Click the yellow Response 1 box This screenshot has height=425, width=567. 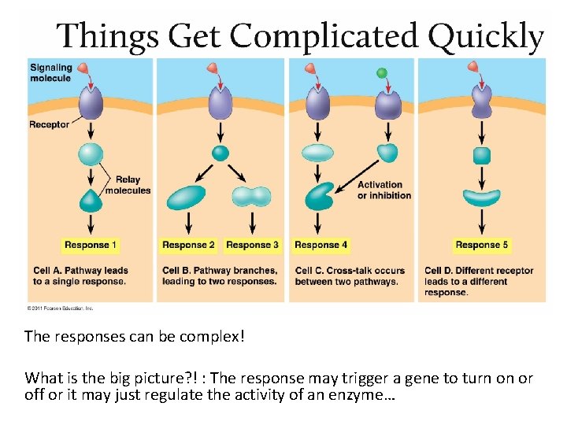tap(91, 245)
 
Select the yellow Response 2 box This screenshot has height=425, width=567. tap(188, 245)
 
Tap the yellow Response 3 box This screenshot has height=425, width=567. tap(252, 245)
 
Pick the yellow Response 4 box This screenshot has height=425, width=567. tap(321, 245)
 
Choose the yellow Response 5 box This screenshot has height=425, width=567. tap(482, 245)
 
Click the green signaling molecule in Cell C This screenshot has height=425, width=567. tap(382, 73)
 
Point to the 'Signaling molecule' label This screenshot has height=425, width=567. tap(51, 73)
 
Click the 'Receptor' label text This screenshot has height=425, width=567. tap(49, 124)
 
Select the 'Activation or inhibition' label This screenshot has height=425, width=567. tap(384, 190)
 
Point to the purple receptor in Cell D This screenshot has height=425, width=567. tap(482, 101)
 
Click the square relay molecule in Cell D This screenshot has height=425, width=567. tap(482, 155)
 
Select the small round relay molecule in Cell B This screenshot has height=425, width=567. tap(220, 153)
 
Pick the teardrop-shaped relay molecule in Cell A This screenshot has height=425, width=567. tap(91, 200)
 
